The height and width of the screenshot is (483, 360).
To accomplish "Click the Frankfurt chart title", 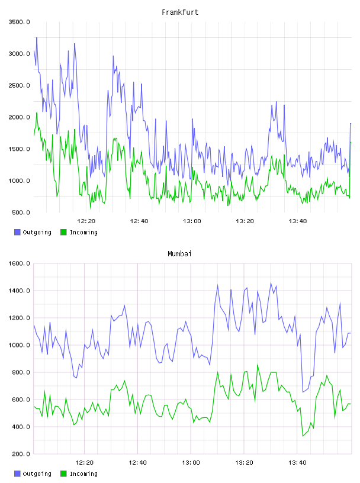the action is (x=180, y=12).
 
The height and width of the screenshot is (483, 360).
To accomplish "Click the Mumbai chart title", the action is (x=179, y=254).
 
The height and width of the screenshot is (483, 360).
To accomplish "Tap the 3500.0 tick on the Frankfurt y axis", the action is (x=19, y=22).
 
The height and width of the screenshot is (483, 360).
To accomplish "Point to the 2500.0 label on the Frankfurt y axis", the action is (x=19, y=85).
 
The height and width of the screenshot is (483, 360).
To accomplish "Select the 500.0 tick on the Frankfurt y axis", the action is (x=21, y=212).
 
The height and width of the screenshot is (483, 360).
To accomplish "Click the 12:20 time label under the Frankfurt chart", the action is (x=86, y=221).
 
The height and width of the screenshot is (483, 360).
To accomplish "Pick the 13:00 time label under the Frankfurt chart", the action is (x=192, y=221).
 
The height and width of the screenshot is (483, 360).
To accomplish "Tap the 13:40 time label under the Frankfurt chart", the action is (x=297, y=221).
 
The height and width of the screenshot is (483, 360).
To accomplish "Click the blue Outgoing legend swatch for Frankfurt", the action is (x=17, y=232).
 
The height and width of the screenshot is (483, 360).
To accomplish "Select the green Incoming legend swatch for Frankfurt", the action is (x=63, y=232).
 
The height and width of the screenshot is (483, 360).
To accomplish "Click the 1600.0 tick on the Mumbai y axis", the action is (x=19, y=263).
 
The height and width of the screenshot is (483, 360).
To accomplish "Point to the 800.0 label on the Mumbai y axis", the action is (x=21, y=372).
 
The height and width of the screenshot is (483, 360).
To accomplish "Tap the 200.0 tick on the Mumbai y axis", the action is (x=21, y=454).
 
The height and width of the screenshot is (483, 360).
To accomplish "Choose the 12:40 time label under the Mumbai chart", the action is (x=137, y=463).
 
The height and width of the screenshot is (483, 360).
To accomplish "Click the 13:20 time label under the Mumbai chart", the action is (x=244, y=463).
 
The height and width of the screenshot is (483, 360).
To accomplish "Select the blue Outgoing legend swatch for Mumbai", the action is (x=17, y=474).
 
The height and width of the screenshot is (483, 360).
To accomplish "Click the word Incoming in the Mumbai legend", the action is (x=83, y=474).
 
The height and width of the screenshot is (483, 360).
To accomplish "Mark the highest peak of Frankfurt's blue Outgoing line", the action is (x=37, y=37).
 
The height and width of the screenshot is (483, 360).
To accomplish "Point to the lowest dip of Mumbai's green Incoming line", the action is (x=303, y=436).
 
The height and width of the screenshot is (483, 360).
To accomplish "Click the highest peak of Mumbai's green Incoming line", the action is (x=258, y=365).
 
